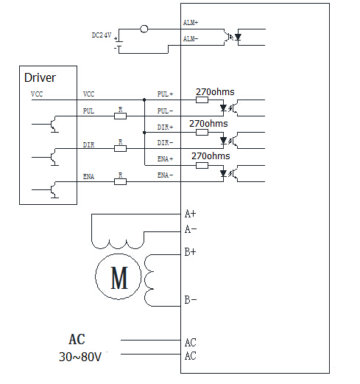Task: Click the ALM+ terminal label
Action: point(191,23)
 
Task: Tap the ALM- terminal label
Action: point(191,39)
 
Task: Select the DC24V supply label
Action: point(102,35)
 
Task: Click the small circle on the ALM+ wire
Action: point(144,29)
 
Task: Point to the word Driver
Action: point(40,77)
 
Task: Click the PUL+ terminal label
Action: point(165,94)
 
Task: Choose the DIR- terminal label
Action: point(165,143)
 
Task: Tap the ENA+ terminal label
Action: point(165,159)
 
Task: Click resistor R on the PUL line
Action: point(120,116)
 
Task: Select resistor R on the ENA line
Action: point(120,182)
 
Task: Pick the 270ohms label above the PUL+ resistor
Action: point(215,92)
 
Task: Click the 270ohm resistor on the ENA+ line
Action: point(202,165)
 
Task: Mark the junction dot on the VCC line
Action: point(144,100)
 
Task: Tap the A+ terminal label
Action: point(190,214)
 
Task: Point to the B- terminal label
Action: point(191,300)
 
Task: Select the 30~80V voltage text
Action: point(80,357)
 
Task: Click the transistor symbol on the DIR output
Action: point(54,157)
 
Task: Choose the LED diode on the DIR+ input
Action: point(223,141)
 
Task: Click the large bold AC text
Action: point(77,340)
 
